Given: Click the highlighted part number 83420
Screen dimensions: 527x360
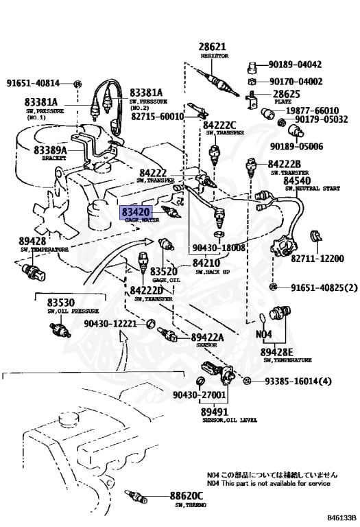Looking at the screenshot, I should (136, 213).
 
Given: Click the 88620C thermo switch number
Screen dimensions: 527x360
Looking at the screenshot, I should (187, 495).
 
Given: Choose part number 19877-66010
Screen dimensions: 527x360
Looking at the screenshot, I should (313, 110).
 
